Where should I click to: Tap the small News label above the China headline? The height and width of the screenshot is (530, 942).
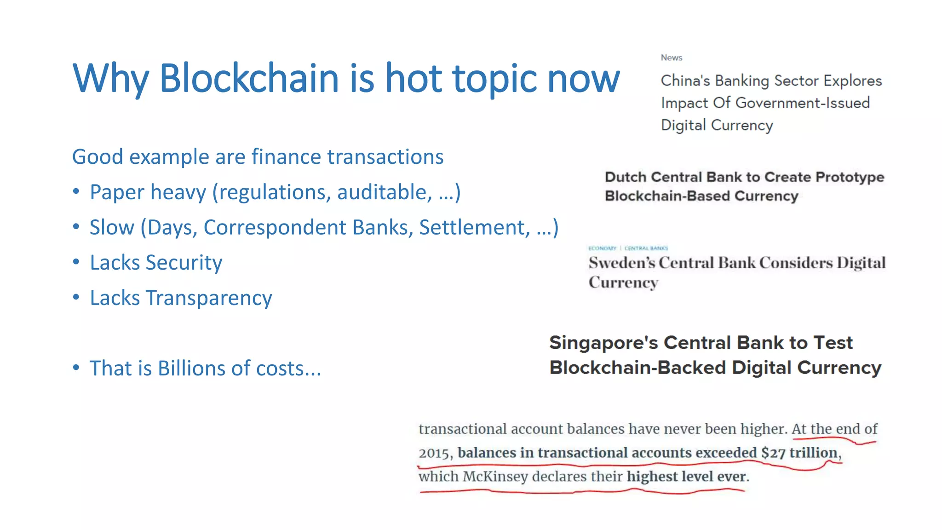click(x=671, y=58)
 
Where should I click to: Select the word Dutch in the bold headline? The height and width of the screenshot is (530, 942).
click(x=625, y=177)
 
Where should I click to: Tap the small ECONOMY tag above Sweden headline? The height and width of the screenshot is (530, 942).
click(x=602, y=248)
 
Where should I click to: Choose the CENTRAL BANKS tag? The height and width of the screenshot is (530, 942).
click(x=646, y=248)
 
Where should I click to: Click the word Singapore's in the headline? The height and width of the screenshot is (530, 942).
click(x=603, y=343)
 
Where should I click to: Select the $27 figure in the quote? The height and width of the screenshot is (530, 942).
click(x=773, y=453)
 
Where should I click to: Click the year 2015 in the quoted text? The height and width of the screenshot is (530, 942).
click(x=433, y=453)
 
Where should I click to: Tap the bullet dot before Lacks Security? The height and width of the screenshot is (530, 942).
click(x=76, y=261)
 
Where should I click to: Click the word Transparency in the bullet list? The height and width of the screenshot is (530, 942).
click(x=209, y=298)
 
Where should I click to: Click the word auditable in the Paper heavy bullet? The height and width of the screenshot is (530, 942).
click(x=384, y=192)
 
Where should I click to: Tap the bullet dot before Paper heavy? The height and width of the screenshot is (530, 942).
click(x=76, y=191)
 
